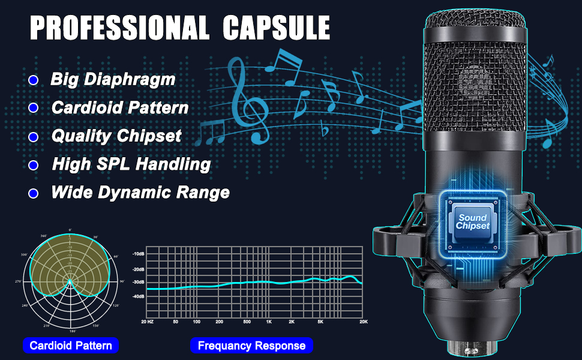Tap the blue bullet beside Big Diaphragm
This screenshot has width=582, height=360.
(34, 80)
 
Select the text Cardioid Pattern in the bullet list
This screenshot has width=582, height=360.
(120, 108)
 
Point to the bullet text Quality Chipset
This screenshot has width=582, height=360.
(116, 136)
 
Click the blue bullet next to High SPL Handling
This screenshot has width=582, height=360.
(34, 165)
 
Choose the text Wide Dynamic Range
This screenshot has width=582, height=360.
(140, 193)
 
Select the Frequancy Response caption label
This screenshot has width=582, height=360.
(251, 346)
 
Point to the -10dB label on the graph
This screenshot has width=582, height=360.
(138, 254)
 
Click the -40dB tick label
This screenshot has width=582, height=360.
(138, 296)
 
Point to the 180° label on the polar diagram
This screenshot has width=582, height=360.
(72, 331)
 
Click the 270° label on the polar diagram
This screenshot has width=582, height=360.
(19, 281)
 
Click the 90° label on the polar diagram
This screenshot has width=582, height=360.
(122, 281)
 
